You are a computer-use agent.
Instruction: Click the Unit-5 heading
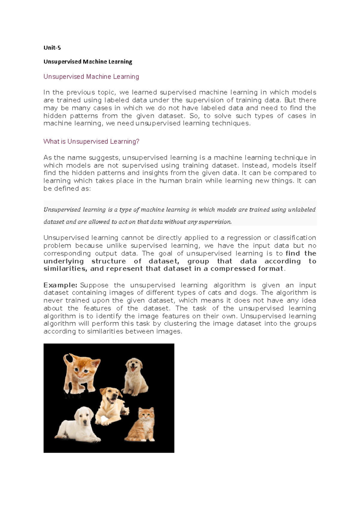pyautogui.click(x=52, y=48)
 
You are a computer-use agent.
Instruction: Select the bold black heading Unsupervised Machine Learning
pyautogui.click(x=88, y=62)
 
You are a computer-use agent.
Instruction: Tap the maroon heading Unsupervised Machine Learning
pyautogui.click(x=91, y=77)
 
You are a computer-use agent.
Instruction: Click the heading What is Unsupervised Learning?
pyautogui.click(x=91, y=141)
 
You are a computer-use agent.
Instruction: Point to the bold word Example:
pyautogui.click(x=60, y=285)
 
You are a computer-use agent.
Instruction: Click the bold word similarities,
pyautogui.click(x=65, y=269)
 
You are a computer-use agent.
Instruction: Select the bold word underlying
pyautogui.click(x=64, y=261)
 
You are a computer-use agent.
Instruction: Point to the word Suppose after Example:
pyautogui.click(x=94, y=285)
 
